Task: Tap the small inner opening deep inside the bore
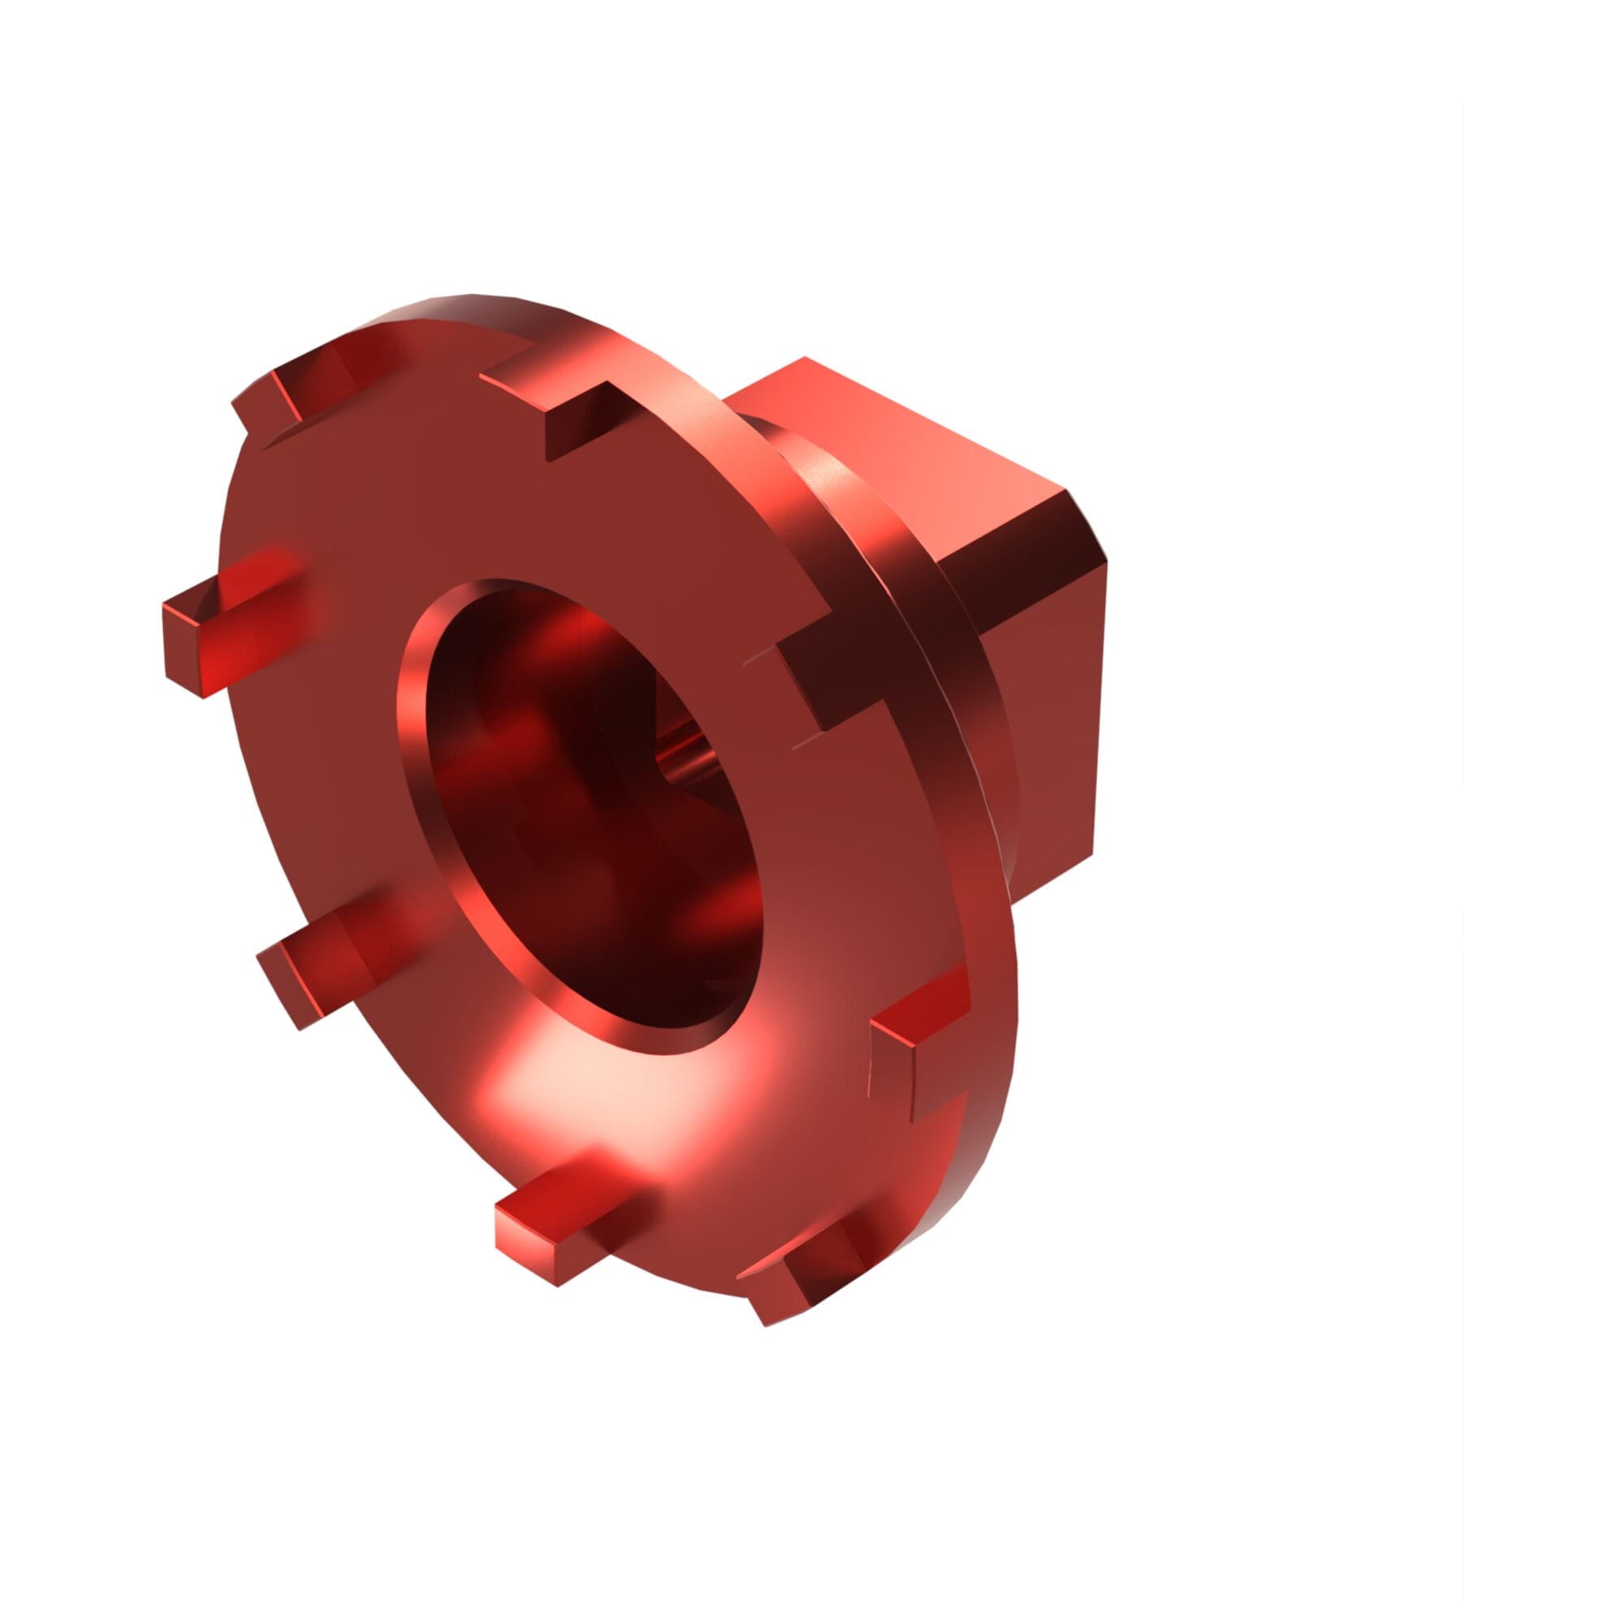tap(685, 748)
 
